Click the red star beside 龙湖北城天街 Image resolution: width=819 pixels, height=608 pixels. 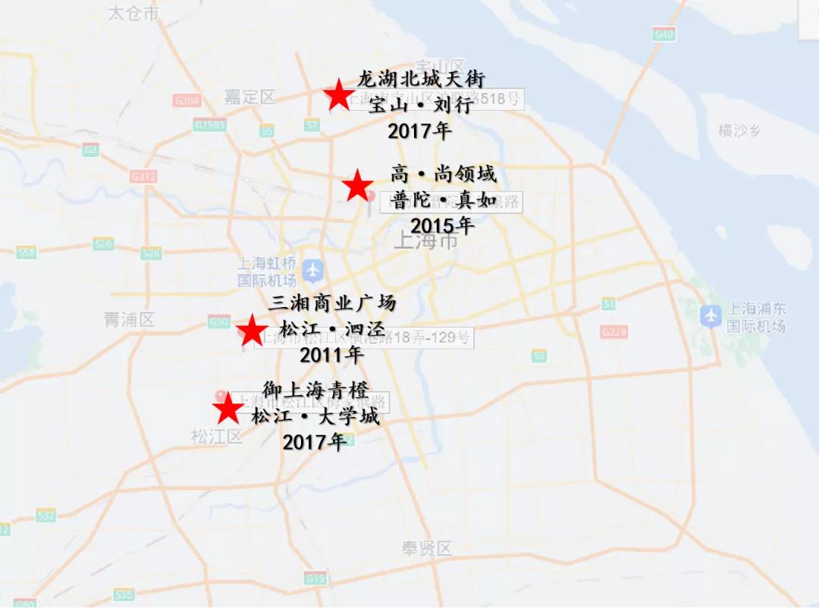click(x=338, y=96)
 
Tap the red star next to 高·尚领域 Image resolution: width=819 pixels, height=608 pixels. click(x=358, y=186)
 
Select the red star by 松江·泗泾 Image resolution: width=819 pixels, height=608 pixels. click(x=250, y=331)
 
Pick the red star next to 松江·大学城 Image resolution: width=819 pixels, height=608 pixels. click(x=227, y=409)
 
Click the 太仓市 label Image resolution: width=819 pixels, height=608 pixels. click(x=133, y=13)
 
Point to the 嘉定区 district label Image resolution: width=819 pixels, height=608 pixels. click(x=249, y=97)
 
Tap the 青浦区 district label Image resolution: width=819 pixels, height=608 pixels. click(x=129, y=320)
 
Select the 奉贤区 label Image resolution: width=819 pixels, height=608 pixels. click(x=427, y=548)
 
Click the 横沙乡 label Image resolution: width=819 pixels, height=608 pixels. click(x=739, y=130)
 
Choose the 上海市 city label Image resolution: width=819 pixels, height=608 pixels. click(x=427, y=241)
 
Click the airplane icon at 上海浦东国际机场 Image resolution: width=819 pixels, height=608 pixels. click(x=711, y=315)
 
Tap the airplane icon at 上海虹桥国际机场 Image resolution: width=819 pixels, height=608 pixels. click(x=312, y=269)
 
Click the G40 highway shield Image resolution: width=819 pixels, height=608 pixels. click(x=664, y=34)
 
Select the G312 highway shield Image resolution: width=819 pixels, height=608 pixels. click(x=143, y=177)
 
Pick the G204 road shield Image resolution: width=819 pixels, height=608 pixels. click(x=187, y=101)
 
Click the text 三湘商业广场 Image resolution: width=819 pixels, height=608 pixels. click(x=333, y=303)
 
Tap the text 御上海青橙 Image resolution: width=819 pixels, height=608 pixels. click(x=315, y=390)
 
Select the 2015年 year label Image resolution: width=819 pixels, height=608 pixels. click(x=442, y=226)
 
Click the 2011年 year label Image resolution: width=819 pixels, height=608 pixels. click(x=332, y=354)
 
